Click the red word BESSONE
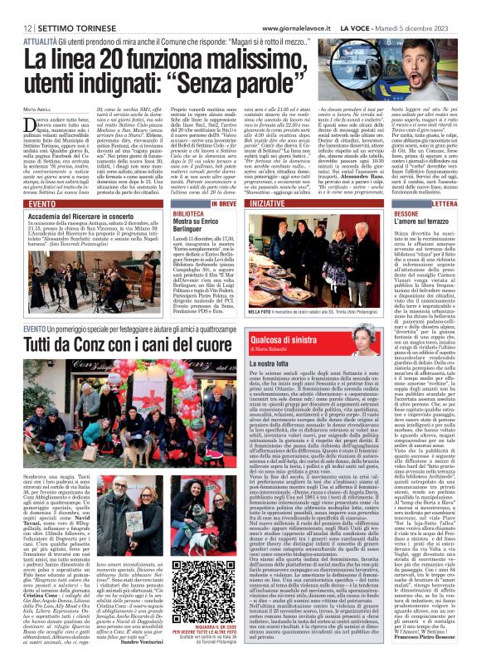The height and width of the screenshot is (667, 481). pyautogui.click(x=423, y=212)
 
